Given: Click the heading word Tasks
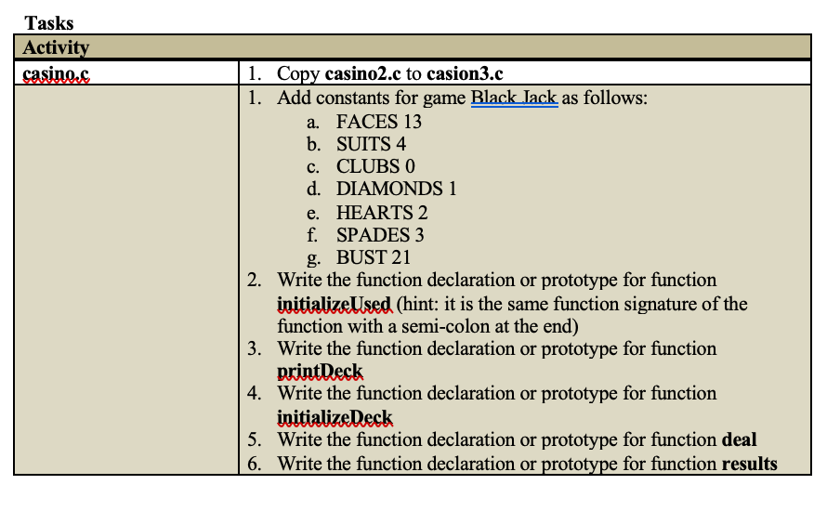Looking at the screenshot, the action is (48, 23).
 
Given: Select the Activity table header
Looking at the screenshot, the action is (56, 47).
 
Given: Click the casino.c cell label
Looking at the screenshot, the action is (56, 73).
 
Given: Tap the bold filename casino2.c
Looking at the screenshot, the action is (362, 73).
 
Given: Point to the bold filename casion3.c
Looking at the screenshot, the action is (465, 73).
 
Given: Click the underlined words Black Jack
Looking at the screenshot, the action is (514, 98).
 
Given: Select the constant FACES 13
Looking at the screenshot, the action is (379, 122).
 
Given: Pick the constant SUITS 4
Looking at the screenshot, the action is (371, 144).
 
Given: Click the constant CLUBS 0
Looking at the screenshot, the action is (375, 166).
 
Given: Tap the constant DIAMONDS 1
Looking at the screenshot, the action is (397, 189).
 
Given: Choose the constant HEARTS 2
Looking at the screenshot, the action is (382, 213).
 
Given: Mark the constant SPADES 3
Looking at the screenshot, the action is (380, 235).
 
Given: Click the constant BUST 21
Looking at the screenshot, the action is (374, 257).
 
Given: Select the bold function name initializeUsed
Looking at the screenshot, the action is (335, 304).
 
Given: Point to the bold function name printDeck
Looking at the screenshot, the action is (320, 371).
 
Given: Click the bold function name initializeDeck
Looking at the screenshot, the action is (335, 417).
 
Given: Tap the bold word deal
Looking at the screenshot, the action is (740, 439).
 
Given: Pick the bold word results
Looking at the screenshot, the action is (750, 464).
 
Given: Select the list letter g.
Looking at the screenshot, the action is (313, 259).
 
